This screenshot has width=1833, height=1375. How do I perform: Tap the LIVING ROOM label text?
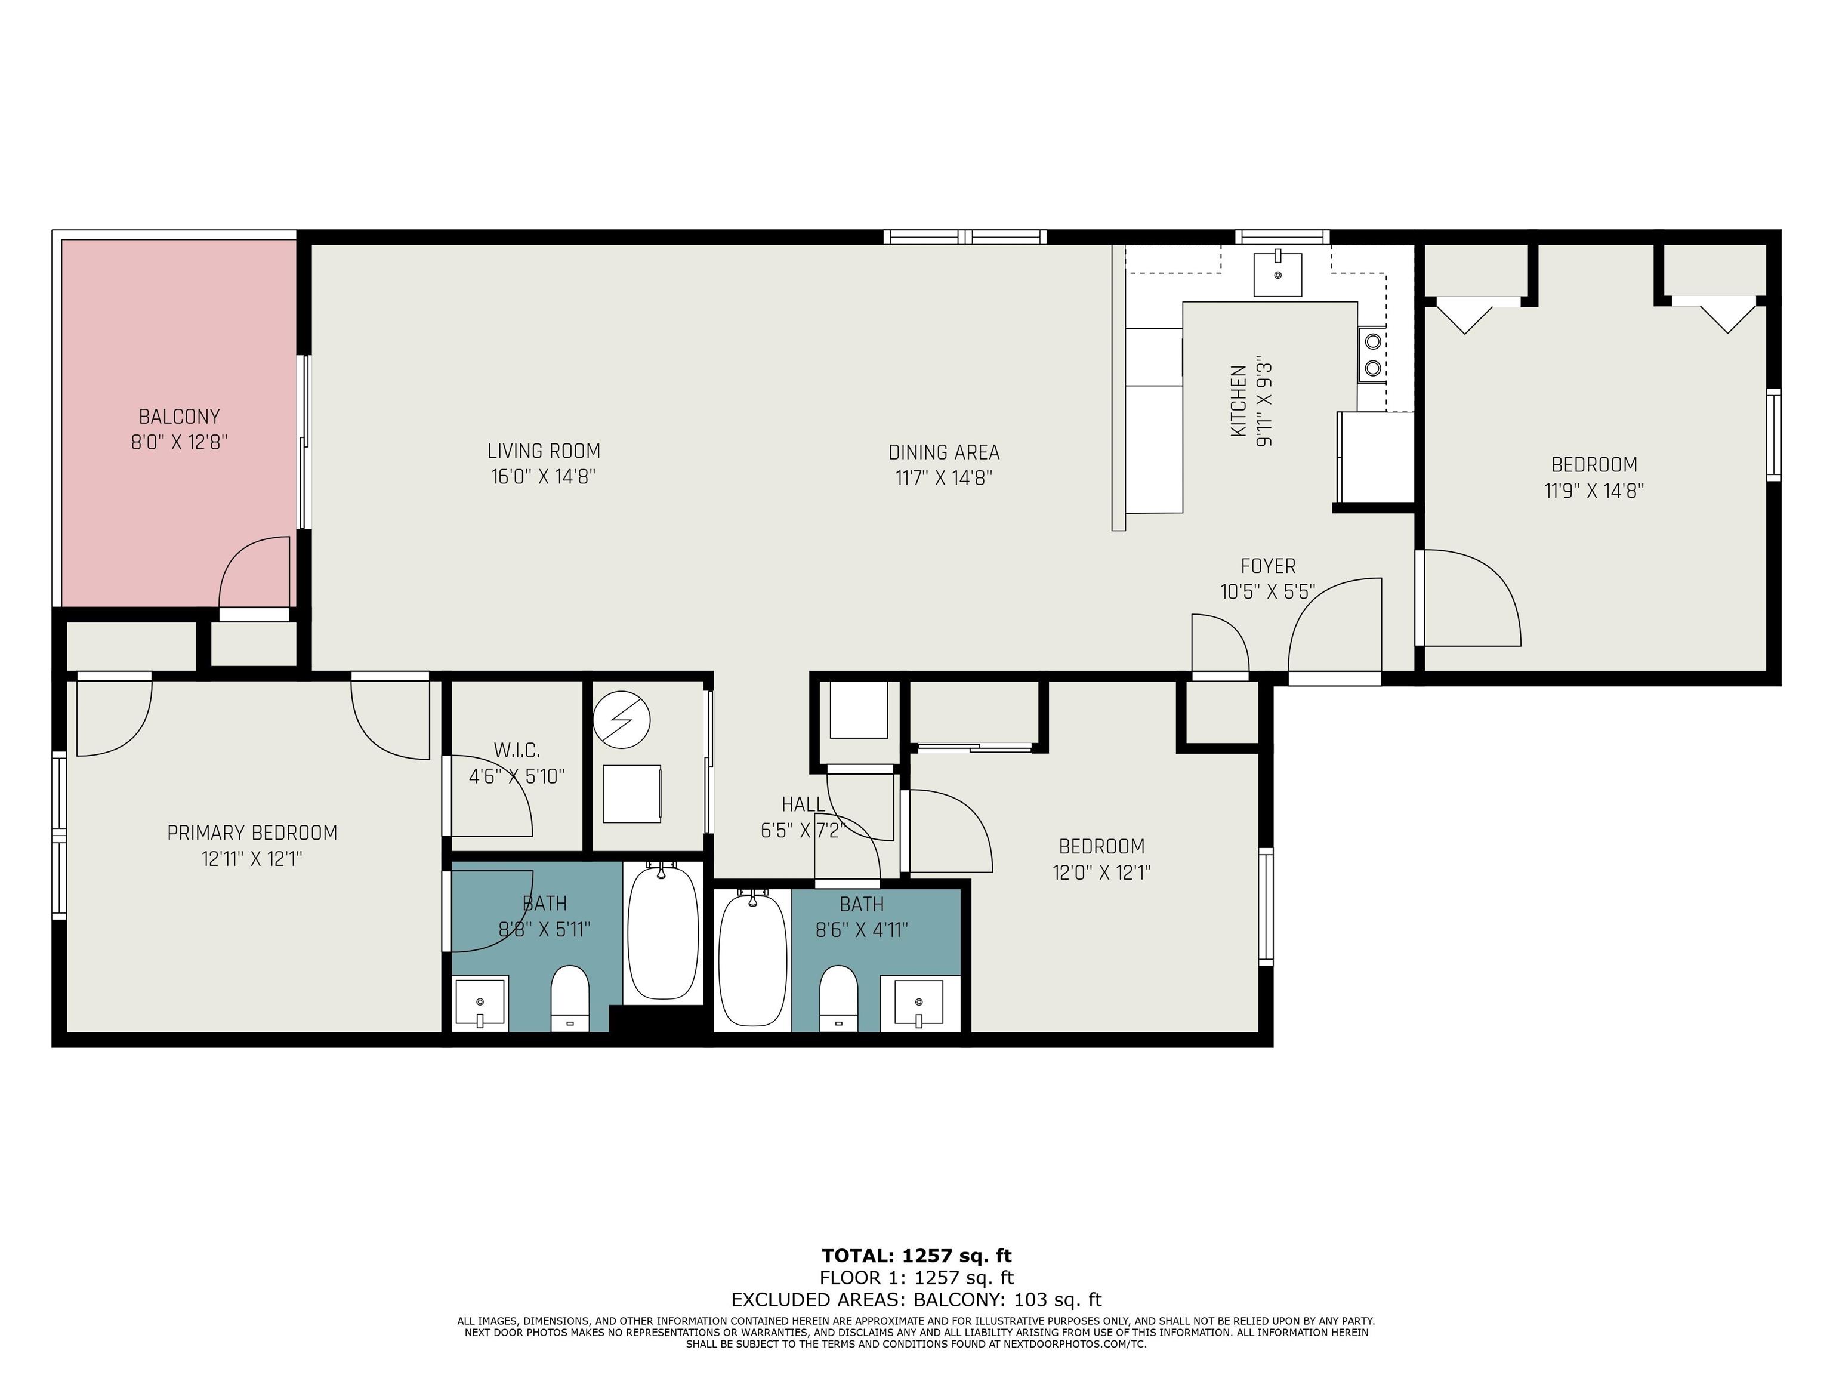544,451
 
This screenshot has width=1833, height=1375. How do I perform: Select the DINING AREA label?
944,452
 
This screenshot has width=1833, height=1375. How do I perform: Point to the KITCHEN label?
1238,402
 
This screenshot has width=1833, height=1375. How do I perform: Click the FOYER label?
1268,566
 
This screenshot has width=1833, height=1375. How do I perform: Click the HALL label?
803,804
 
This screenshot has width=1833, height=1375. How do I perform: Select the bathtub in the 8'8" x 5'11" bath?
663,932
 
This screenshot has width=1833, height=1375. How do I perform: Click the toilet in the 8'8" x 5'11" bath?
569,998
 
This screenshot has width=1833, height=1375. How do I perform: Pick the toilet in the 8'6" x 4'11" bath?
838,998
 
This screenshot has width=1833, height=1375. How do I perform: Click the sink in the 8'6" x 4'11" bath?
919,1004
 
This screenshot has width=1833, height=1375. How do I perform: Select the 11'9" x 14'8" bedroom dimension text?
1594,491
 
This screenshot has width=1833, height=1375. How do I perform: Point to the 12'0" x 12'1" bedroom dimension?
1101,873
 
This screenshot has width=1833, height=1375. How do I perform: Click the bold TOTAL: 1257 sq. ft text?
916,1256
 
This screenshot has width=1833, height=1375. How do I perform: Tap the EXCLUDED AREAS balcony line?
916,1300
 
